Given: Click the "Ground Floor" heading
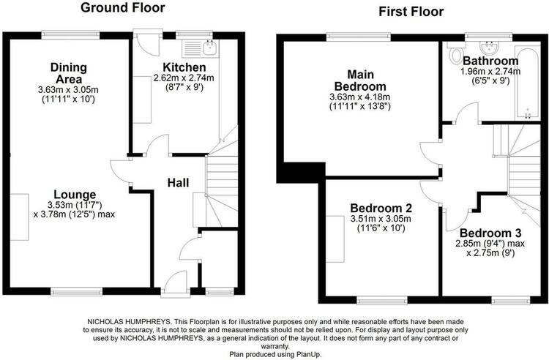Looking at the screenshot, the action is pos(122,8).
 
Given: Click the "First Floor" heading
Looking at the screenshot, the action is pos(411,12).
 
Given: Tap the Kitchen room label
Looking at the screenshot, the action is pos(184,67).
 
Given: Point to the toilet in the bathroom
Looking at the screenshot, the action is pos(455,53).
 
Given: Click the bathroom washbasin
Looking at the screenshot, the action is pos(489,47).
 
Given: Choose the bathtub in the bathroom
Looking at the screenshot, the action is pos(527,83).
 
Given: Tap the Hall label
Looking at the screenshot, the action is pos(178,183).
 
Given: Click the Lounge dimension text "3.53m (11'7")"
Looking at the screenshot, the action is pos(75,205).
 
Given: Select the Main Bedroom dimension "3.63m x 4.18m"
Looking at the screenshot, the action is pos(360,97).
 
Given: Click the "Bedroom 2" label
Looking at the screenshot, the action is pos(381,208).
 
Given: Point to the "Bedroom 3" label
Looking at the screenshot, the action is pos(490,233).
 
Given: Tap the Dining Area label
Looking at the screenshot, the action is pos(69,72).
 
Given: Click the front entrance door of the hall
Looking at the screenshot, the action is pos(176,283).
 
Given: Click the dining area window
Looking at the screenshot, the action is pos(70,34).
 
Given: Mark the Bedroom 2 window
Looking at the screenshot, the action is pos(382,300).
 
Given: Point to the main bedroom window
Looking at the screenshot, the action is pos(359,37).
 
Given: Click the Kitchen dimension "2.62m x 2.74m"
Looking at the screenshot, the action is pos(184,78).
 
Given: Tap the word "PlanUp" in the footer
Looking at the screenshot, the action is pos(309,354).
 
